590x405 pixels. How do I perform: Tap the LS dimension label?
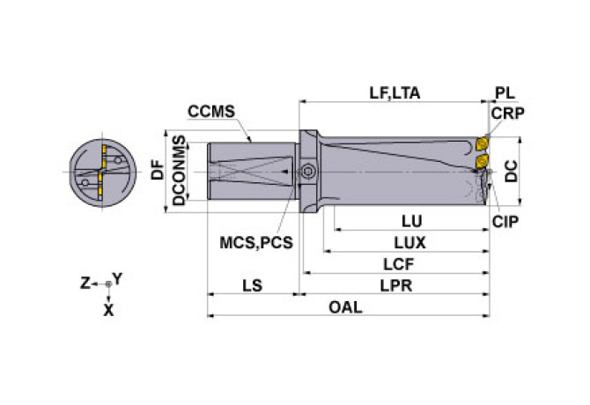(x=251, y=285)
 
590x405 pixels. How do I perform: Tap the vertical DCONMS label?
(x=179, y=171)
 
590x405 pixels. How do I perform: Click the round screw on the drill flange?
(x=307, y=172)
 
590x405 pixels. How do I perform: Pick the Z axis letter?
(x=85, y=283)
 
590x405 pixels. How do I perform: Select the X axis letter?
(x=107, y=309)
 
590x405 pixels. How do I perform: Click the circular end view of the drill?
(x=100, y=172)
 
